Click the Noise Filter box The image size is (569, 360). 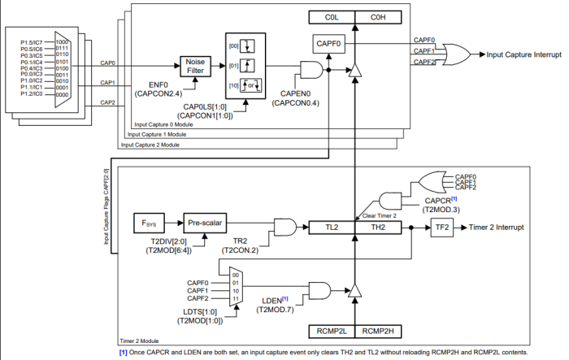pos(196,66)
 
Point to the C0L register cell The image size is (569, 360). pos(331,16)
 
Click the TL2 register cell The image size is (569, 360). pos(332,228)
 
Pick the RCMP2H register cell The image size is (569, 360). pos(379,330)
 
